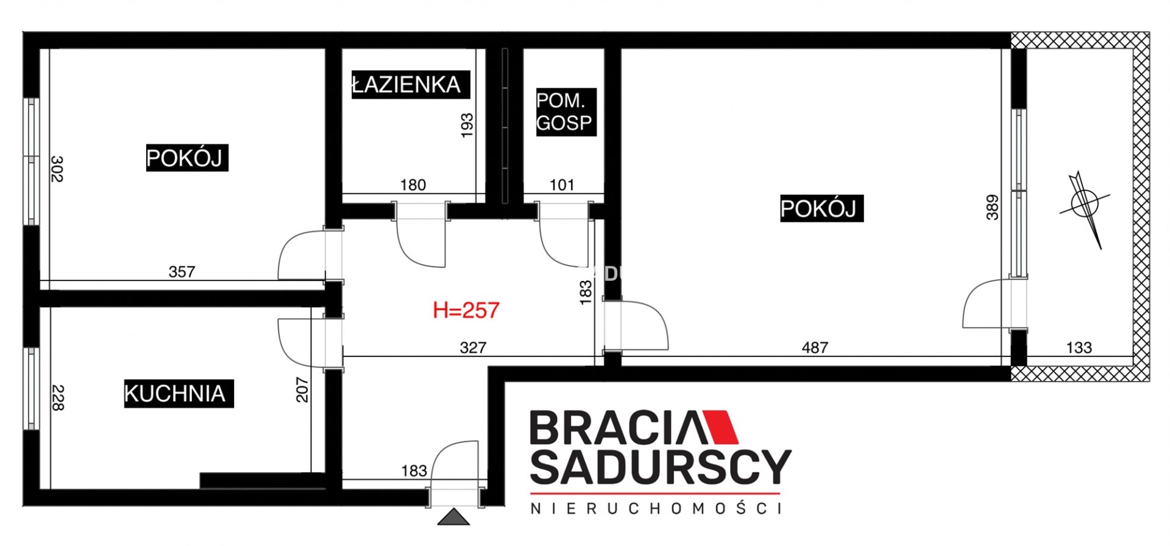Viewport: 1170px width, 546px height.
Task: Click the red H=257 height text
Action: pyautogui.click(x=466, y=310)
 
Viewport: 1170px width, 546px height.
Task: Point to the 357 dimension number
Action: pyautogui.click(x=182, y=272)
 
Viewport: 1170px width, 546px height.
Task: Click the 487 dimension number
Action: pyautogui.click(x=815, y=347)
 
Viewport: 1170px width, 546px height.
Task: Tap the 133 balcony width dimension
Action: pyautogui.click(x=1079, y=347)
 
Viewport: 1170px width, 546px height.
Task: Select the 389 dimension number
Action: pyautogui.click(x=993, y=207)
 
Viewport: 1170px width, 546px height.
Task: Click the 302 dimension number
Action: pyautogui.click(x=57, y=169)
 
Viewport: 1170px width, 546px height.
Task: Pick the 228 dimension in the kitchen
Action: pyautogui.click(x=58, y=397)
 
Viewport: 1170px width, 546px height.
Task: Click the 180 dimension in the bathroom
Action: pyautogui.click(x=413, y=185)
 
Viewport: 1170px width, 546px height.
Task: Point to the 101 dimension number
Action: pyautogui.click(x=562, y=185)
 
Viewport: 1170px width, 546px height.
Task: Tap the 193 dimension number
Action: pyautogui.click(x=467, y=126)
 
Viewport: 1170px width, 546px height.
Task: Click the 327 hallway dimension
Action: pyautogui.click(x=473, y=347)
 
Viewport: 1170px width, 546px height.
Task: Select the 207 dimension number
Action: pyautogui.click(x=302, y=390)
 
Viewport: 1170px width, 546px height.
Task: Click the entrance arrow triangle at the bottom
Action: pyautogui.click(x=453, y=517)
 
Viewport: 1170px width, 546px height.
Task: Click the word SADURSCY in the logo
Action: pyautogui.click(x=661, y=467)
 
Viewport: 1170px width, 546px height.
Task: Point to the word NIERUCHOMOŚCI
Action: pyautogui.click(x=656, y=508)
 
